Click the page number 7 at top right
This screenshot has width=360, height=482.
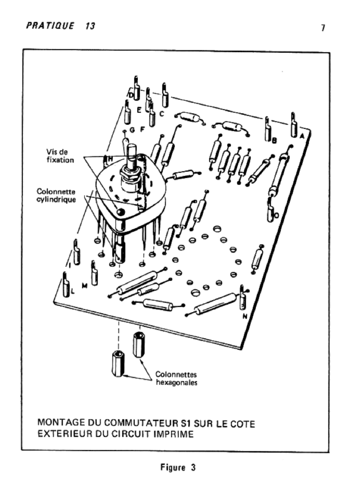point(323,28)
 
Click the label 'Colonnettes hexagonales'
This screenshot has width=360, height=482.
point(176,379)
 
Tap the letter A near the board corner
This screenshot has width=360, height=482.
point(302,134)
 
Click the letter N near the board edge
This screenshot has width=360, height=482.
point(245,317)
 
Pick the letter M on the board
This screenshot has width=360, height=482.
point(84,285)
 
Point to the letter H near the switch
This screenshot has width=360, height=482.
point(110,159)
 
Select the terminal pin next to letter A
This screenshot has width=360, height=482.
point(293,123)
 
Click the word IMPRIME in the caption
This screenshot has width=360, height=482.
point(171,434)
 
